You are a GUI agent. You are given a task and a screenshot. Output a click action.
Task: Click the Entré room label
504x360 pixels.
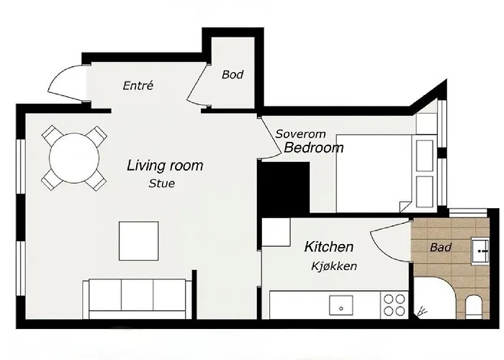coord(138,86)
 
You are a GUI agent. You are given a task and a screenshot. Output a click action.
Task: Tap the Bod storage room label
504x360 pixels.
coord(233,74)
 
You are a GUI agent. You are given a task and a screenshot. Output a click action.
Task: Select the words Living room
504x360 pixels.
coord(165,166)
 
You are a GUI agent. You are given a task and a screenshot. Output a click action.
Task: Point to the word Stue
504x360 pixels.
coord(161,184)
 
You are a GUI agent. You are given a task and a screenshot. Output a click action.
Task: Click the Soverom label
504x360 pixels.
coord(301,134)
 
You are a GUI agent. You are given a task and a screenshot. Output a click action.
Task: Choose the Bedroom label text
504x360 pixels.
coord(313,149)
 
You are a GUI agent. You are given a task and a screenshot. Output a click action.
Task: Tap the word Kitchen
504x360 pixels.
coord(329,247)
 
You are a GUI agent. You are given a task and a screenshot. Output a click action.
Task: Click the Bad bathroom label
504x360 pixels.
coord(440,248)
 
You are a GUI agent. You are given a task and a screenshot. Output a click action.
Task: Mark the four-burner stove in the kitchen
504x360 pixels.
coord(395,305)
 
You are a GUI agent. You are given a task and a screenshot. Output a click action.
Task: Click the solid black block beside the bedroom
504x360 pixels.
coord(284,187)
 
